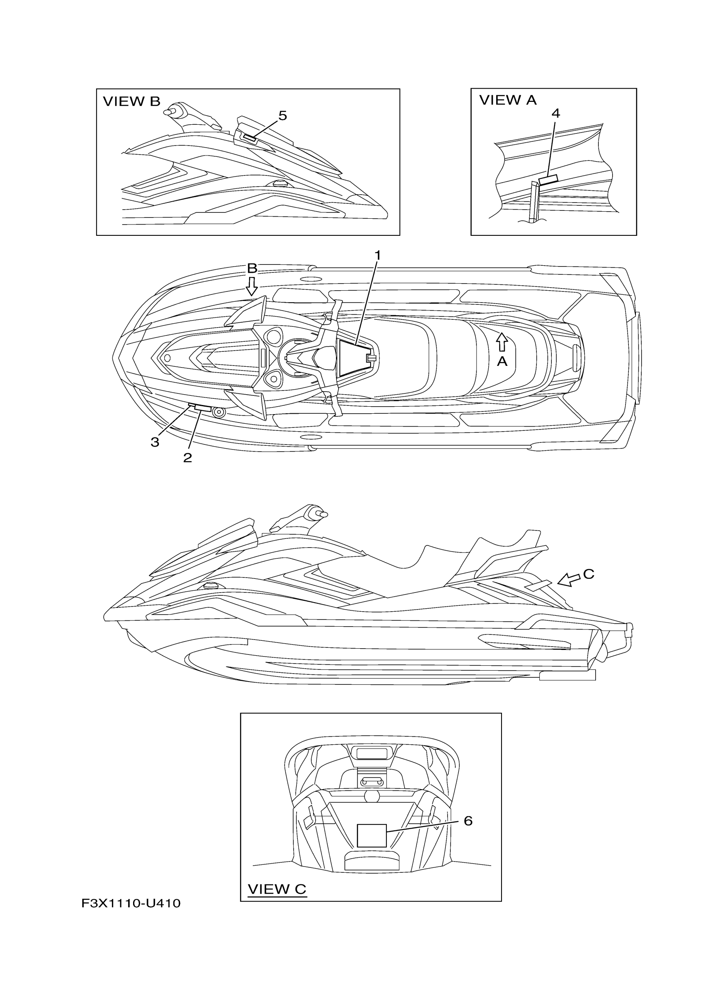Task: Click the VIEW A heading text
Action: (x=507, y=100)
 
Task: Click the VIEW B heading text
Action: (x=131, y=101)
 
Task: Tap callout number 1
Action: (x=378, y=255)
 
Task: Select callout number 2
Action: (x=187, y=458)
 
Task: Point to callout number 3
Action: (x=155, y=442)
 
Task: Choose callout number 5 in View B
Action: (x=282, y=116)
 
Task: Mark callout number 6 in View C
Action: (x=468, y=820)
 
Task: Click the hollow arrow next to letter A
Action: (x=502, y=341)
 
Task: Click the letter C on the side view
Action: (x=588, y=574)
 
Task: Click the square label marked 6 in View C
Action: (x=371, y=835)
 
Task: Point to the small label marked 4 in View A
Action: (x=548, y=180)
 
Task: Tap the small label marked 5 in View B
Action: (x=250, y=138)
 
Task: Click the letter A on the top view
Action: (x=502, y=361)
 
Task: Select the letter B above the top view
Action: (x=252, y=268)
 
